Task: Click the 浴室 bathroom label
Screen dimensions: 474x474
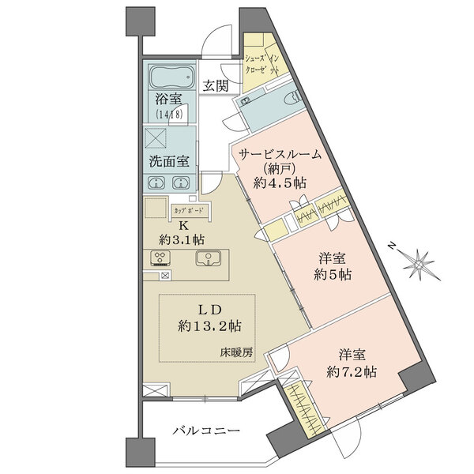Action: coord(168,101)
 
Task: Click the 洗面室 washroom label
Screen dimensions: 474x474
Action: coord(168,162)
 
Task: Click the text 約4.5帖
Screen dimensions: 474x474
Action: coord(280,182)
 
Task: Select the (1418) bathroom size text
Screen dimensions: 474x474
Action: coord(168,115)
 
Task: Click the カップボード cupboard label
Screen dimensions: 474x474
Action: coord(188,211)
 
